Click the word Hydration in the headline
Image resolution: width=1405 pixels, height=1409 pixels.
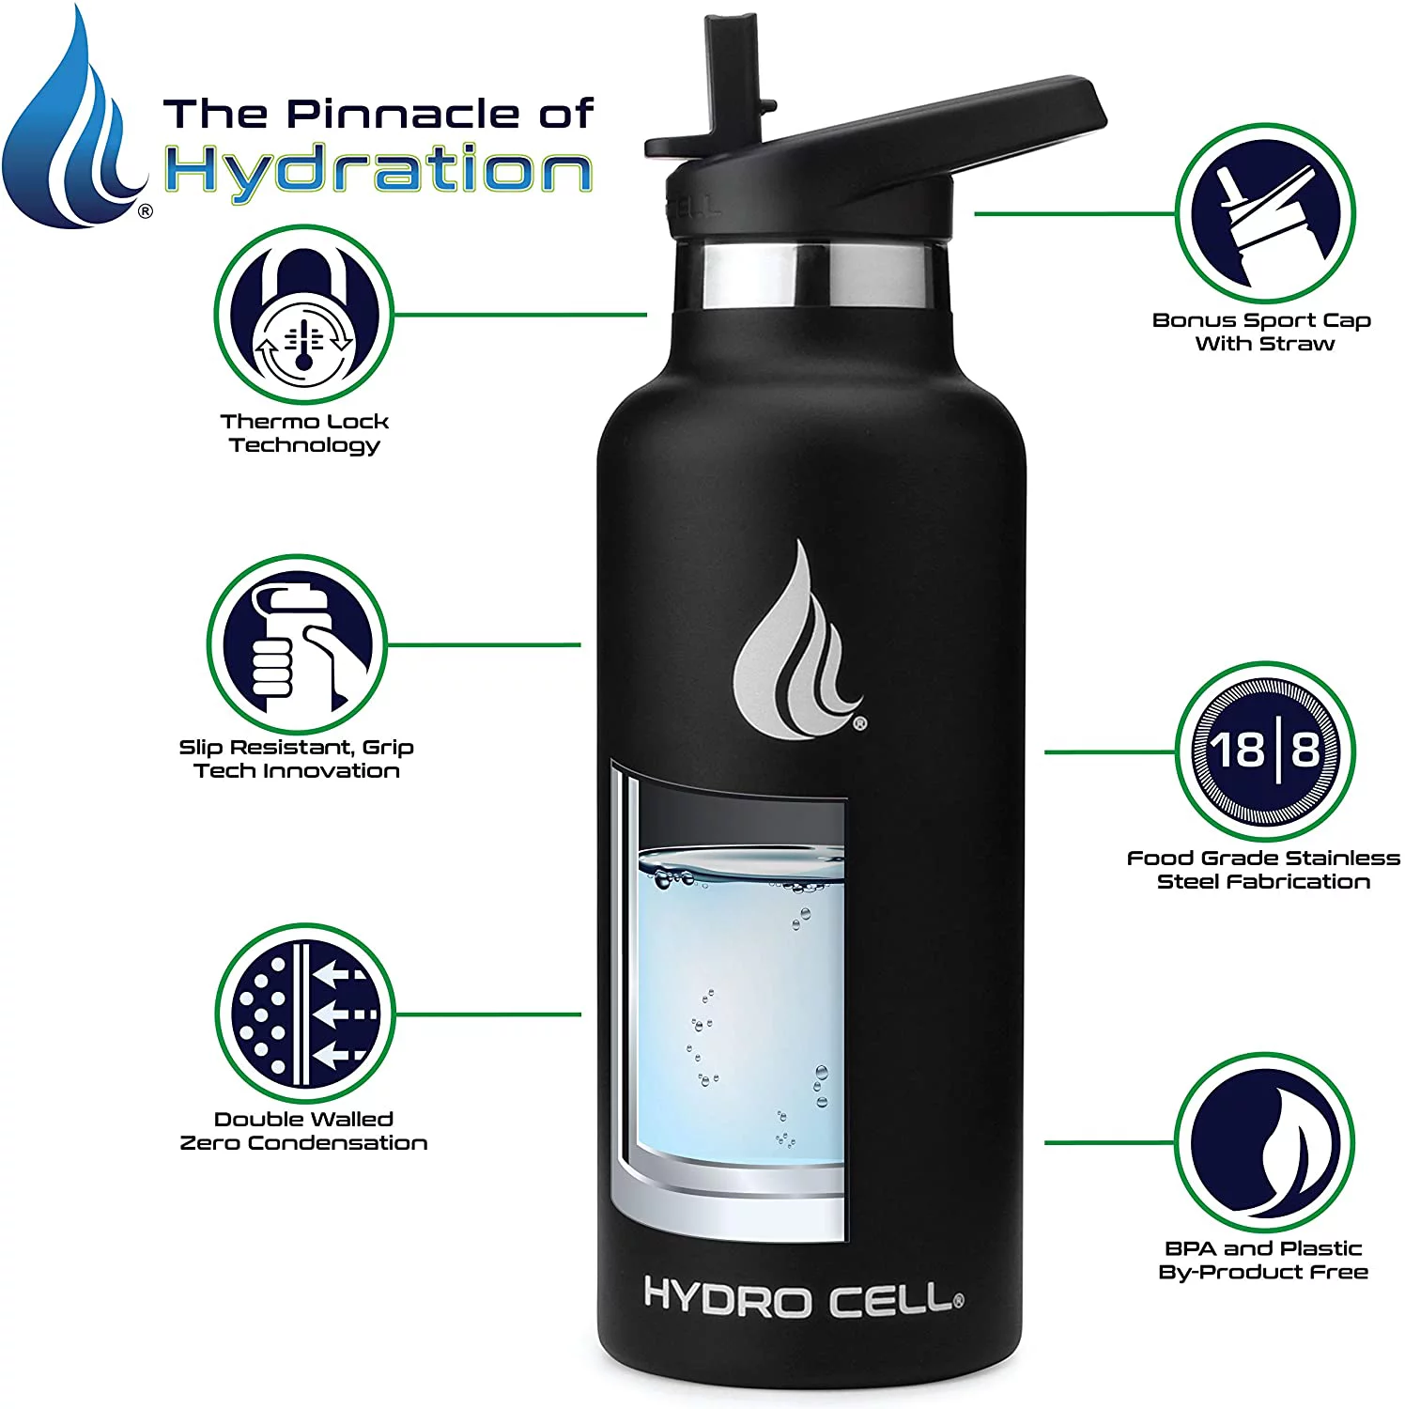tap(378, 171)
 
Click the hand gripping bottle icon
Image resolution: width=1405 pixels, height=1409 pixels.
tap(296, 644)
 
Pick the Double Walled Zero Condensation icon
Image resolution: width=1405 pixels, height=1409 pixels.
tap(304, 1013)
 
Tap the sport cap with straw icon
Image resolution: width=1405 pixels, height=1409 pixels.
tap(1265, 213)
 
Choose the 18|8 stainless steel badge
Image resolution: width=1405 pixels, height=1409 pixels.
tap(1265, 751)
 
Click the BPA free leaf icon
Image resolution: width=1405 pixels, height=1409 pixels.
tap(1265, 1142)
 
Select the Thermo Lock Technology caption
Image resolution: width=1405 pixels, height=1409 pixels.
tap(304, 433)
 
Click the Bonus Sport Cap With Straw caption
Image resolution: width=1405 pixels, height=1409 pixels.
tap(1262, 332)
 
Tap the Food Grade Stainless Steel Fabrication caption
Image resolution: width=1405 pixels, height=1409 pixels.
tap(1263, 870)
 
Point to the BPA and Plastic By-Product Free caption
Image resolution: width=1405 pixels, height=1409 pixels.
tap(1263, 1261)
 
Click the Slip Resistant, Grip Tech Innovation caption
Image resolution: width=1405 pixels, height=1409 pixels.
tap(297, 759)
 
